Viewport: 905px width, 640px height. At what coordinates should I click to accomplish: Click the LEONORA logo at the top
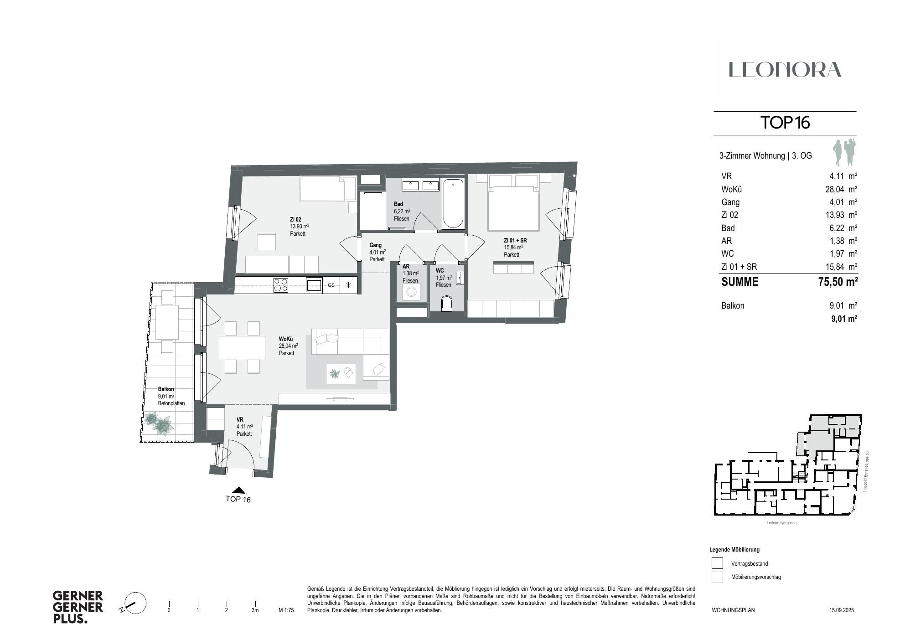click(785, 70)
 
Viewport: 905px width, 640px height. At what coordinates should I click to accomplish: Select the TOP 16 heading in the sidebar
click(785, 123)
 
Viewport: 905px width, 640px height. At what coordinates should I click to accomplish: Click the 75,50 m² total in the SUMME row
click(838, 282)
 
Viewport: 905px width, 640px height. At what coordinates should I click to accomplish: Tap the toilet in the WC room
click(447, 303)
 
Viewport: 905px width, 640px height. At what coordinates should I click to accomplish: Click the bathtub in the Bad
click(453, 204)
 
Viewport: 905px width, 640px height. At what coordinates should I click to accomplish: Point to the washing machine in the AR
click(412, 292)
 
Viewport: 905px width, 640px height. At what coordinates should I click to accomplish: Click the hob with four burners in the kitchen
click(281, 285)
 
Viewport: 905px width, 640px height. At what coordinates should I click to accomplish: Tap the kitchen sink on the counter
click(314, 285)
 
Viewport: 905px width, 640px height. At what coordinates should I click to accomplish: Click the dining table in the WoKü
click(242, 347)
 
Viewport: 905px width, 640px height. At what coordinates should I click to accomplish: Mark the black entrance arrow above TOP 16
click(238, 490)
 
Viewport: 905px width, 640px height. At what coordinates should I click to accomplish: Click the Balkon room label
click(166, 389)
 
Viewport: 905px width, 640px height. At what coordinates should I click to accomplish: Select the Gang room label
click(375, 245)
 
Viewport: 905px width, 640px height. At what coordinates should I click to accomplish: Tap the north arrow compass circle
click(135, 604)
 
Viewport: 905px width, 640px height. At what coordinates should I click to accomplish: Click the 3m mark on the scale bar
click(255, 609)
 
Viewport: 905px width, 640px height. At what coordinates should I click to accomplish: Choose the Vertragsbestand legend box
click(717, 563)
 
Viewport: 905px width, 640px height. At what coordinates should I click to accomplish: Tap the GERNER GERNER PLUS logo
click(78, 607)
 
